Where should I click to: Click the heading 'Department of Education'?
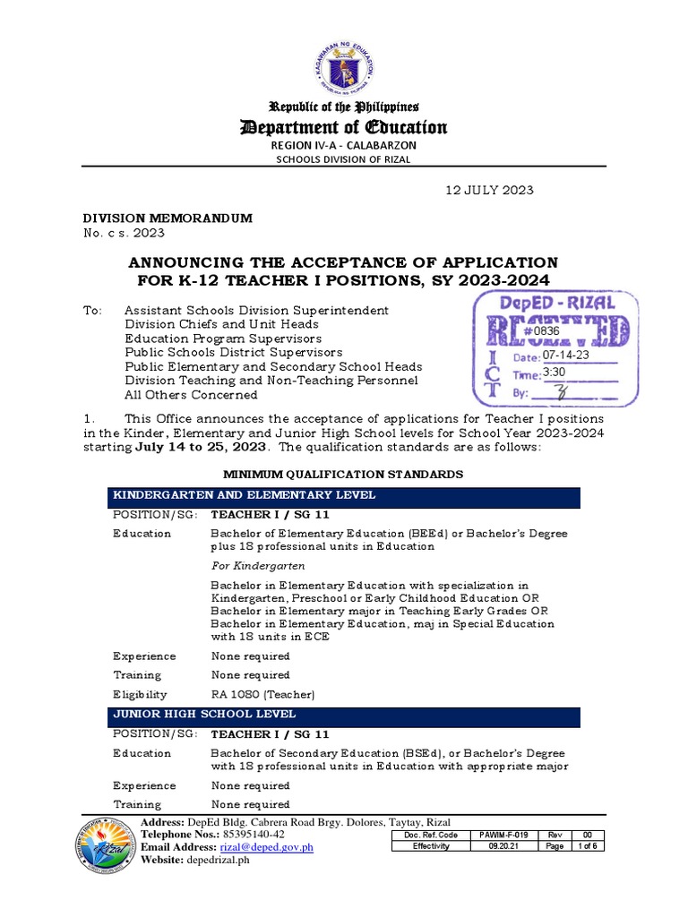pos(344,127)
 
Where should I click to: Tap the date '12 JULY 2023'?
pos(490,190)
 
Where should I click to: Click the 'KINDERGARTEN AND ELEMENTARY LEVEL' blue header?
pos(344,496)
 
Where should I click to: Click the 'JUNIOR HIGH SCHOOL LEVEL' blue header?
pos(344,715)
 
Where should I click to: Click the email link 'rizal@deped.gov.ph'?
pos(266,847)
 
